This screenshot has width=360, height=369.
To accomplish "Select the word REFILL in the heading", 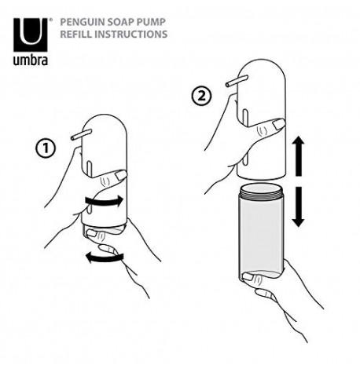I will tap(77, 35).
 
